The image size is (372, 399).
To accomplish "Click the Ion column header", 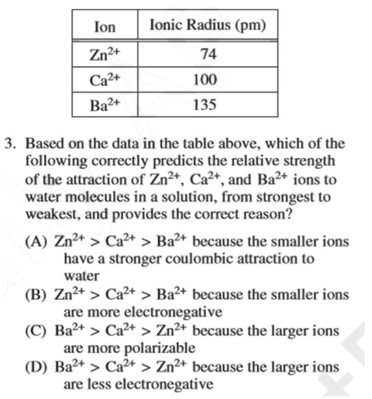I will [105, 27].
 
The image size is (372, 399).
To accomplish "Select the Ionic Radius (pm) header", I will [208, 25].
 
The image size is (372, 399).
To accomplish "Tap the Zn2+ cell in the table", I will [105, 55].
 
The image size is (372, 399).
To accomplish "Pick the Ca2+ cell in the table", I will [105, 80].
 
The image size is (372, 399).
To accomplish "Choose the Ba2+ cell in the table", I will [105, 105].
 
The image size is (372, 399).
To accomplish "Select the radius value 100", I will [205, 80].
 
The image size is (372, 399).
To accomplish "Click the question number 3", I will [11, 143].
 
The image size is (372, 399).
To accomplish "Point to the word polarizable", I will [160, 349].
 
